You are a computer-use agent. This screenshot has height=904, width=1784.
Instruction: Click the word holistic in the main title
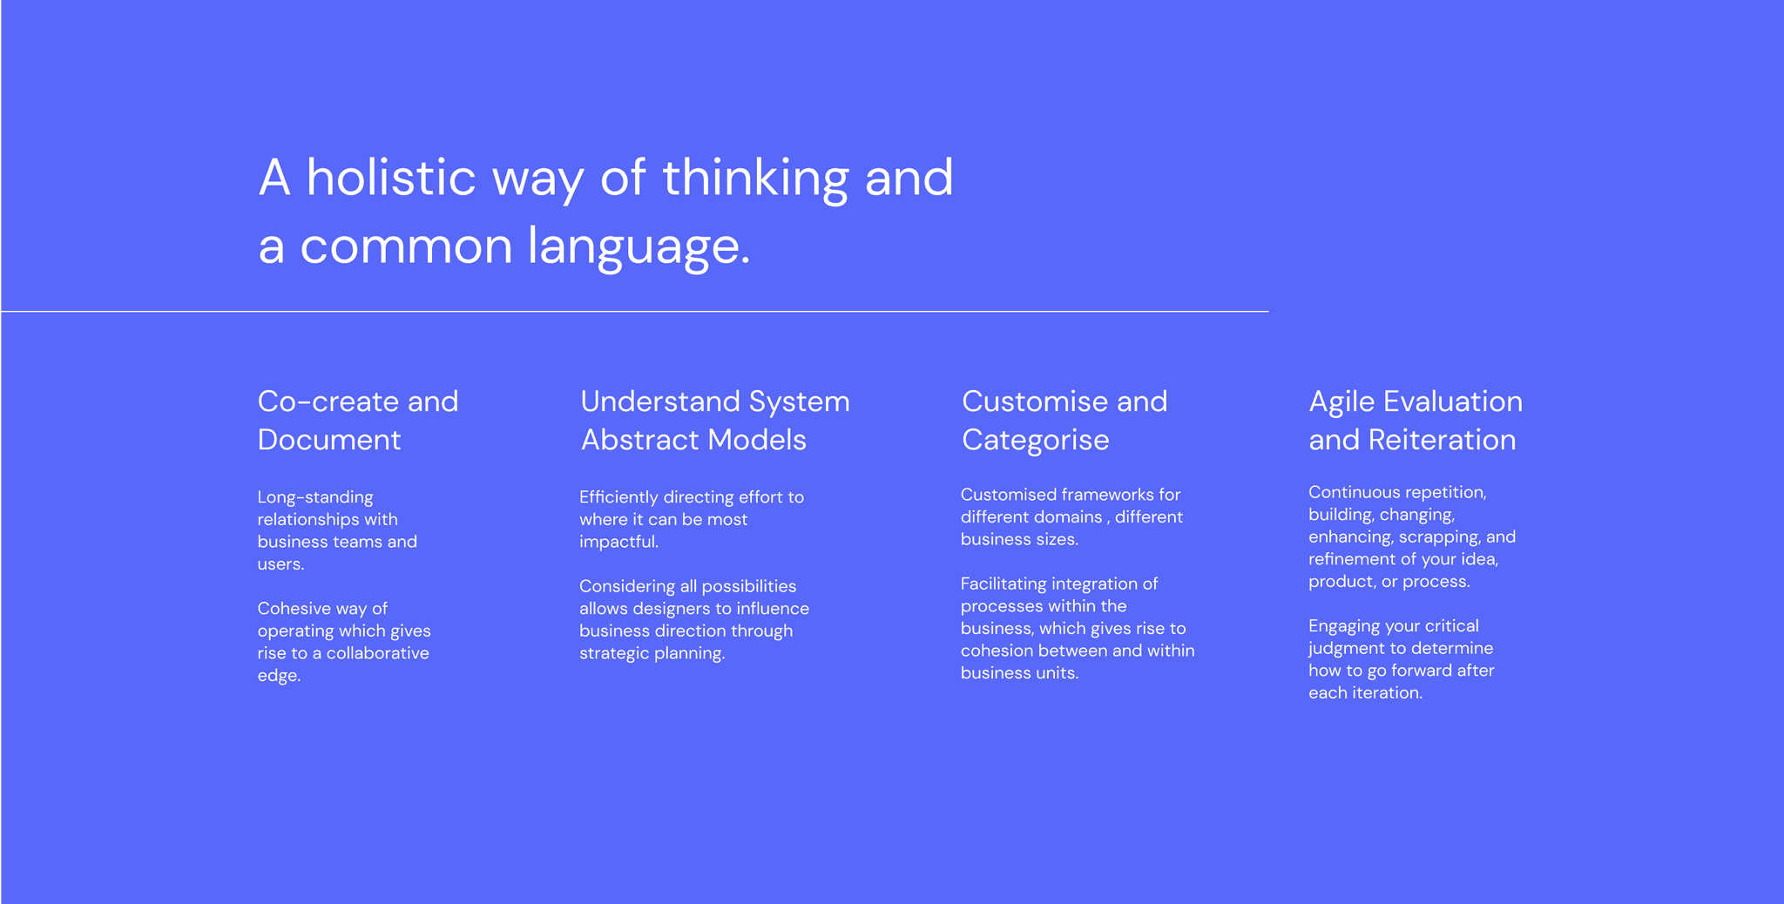(390, 177)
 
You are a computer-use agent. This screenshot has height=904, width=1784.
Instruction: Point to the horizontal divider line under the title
(634, 311)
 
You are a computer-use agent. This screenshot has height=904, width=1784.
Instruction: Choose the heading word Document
(329, 440)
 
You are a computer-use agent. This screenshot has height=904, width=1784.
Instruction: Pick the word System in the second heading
(799, 402)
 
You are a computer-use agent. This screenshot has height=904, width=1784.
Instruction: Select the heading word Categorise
(1036, 441)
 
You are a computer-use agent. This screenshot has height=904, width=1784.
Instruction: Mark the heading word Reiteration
(1443, 440)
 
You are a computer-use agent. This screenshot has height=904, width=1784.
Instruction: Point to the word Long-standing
(315, 497)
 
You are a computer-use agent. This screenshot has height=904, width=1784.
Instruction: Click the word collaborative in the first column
(378, 653)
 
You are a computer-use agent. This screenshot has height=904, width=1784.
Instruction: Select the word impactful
(618, 543)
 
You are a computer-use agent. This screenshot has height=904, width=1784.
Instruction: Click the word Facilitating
(1003, 584)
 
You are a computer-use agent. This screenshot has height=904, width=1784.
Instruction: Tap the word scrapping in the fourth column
(1439, 537)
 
